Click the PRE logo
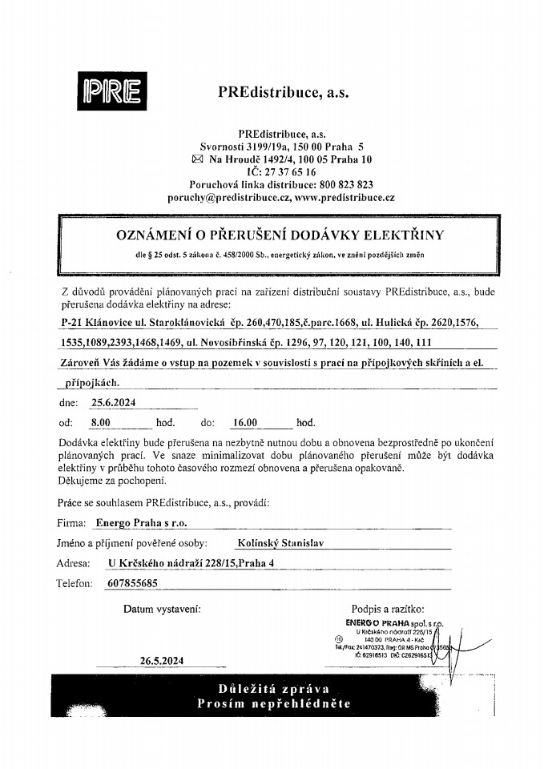[x=109, y=94]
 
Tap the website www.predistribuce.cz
[x=345, y=196]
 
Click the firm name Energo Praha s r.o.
[x=141, y=522]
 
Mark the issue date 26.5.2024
[x=161, y=661]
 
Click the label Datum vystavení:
[x=163, y=609]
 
